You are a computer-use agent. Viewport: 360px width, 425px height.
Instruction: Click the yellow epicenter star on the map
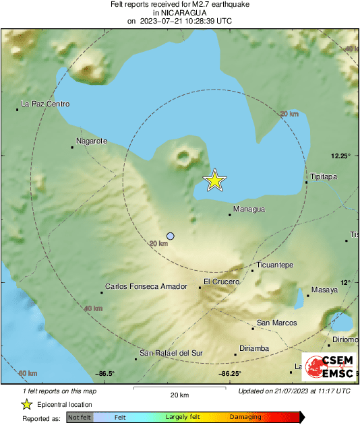click(214, 181)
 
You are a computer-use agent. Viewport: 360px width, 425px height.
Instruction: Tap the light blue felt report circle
click(171, 236)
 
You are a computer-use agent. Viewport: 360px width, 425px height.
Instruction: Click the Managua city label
click(249, 209)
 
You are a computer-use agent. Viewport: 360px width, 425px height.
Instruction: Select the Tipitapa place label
click(323, 176)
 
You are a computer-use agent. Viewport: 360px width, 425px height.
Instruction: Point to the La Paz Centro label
click(45, 104)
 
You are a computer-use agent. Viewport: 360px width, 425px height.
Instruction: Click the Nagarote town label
click(92, 142)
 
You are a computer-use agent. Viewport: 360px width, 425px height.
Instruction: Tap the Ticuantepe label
click(275, 265)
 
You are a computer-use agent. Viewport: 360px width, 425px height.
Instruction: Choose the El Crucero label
click(220, 282)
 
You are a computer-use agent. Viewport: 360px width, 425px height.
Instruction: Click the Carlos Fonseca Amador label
click(146, 286)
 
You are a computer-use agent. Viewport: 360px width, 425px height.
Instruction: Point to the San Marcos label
click(277, 323)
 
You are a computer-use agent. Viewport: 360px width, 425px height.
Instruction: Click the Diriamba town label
click(256, 348)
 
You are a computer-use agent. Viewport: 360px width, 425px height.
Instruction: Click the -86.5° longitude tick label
click(105, 374)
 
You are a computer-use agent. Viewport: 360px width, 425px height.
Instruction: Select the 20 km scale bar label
click(179, 395)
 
